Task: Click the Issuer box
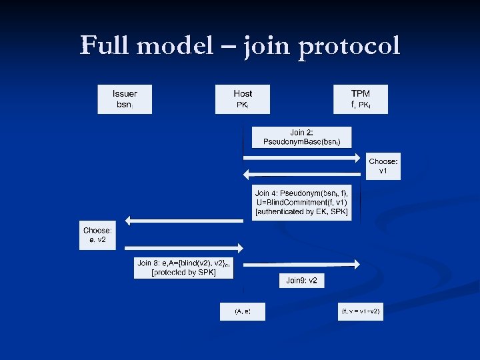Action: pyautogui.click(x=125, y=99)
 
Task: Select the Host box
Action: pyautogui.click(x=243, y=99)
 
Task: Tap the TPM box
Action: pyautogui.click(x=361, y=99)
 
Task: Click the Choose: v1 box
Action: pyautogui.click(x=383, y=166)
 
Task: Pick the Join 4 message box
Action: pyautogui.click(x=301, y=203)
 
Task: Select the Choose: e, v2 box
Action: pyautogui.click(x=97, y=235)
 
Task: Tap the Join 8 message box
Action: pyautogui.click(x=183, y=268)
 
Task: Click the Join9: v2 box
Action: pyautogui.click(x=301, y=281)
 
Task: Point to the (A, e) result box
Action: pyautogui.click(x=243, y=311)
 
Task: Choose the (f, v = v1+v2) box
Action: pyautogui.click(x=361, y=311)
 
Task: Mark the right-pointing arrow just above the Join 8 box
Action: pyautogui.click(x=183, y=248)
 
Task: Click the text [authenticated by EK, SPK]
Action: pyautogui.click(x=301, y=212)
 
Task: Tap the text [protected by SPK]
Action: pyautogui.click(x=184, y=273)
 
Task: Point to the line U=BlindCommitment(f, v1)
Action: pyautogui.click(x=301, y=203)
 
